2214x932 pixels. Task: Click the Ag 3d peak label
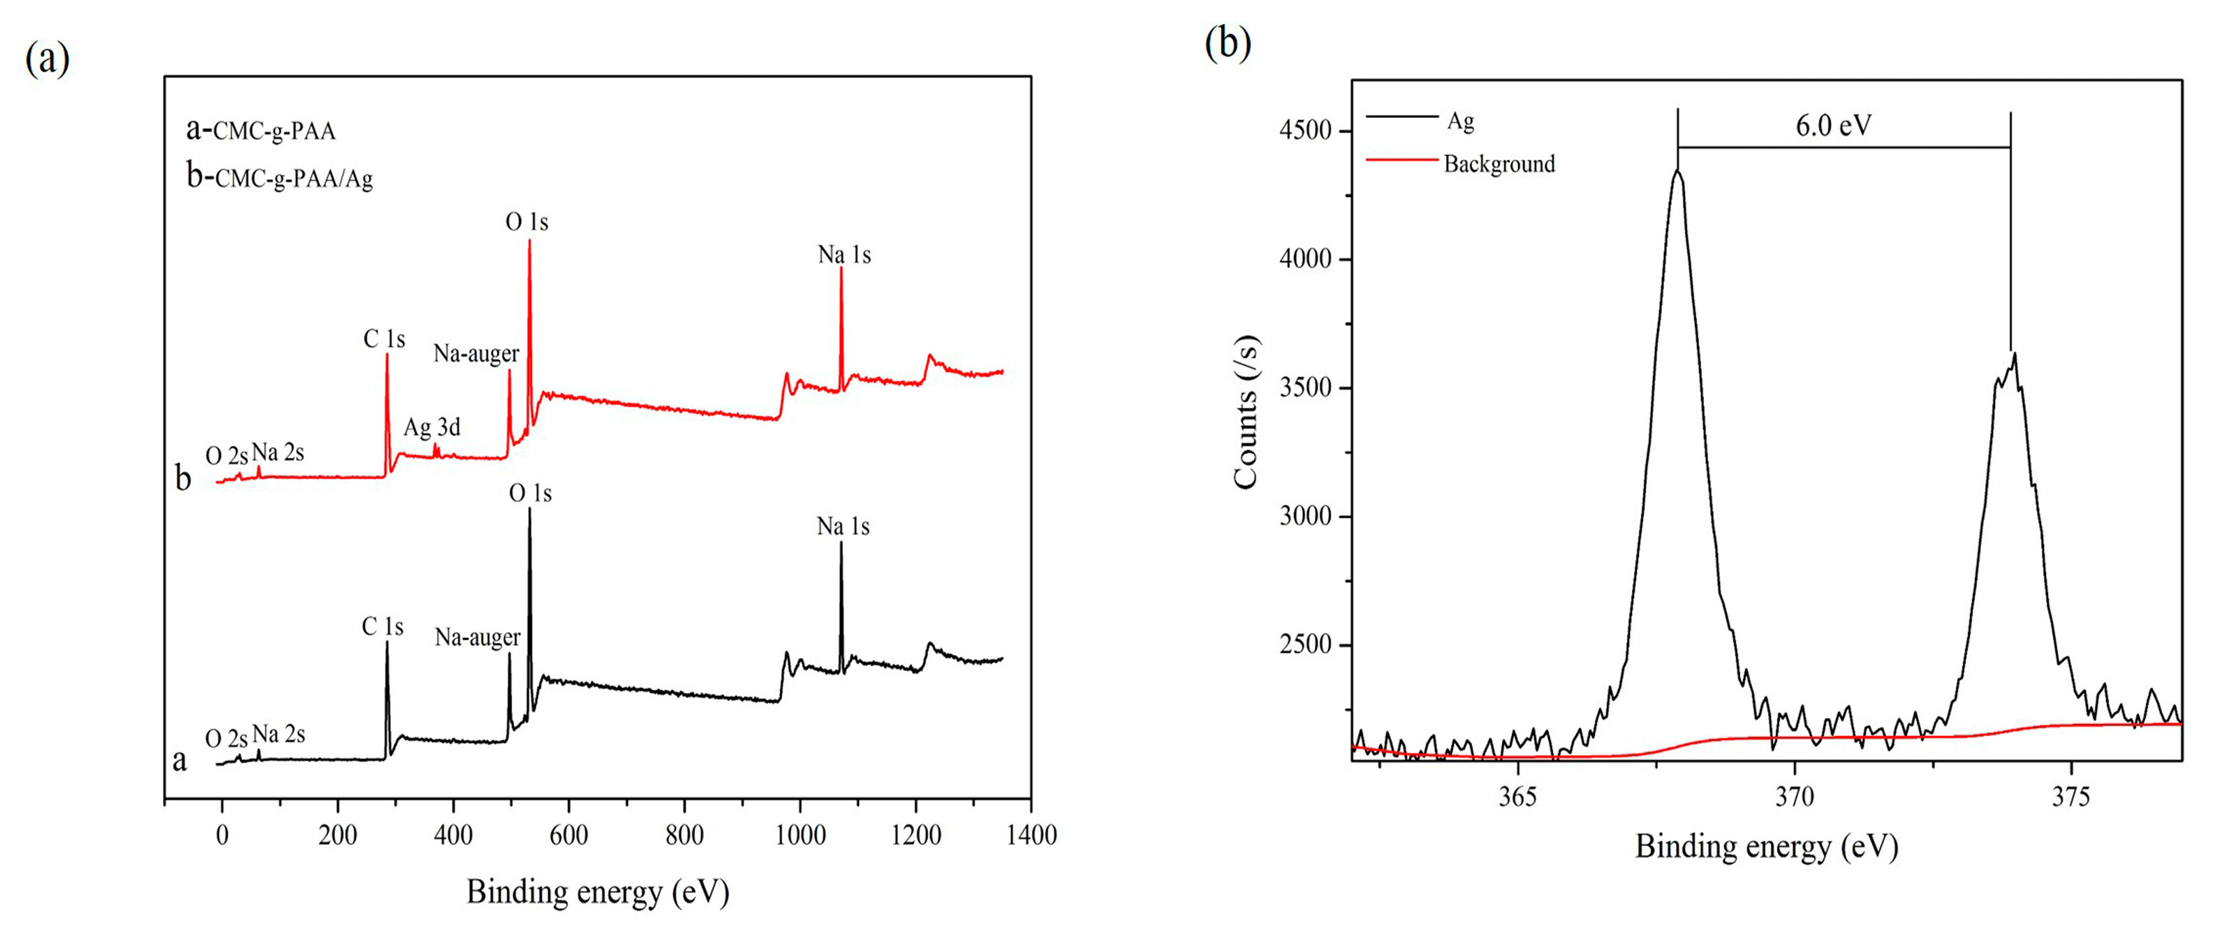pos(432,427)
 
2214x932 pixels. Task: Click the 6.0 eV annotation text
pos(1833,126)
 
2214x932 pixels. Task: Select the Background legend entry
pos(1499,163)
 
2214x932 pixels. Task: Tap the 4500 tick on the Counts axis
pos(1305,131)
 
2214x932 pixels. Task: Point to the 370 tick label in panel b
pos(1795,797)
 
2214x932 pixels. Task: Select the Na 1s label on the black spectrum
pos(843,526)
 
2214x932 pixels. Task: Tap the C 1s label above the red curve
pos(383,340)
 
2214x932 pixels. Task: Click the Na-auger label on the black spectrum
pos(477,637)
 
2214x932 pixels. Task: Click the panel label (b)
pos(1228,43)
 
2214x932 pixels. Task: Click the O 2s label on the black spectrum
pos(226,739)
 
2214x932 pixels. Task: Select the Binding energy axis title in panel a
pos(598,891)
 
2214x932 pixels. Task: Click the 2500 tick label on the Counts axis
pos(1305,644)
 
